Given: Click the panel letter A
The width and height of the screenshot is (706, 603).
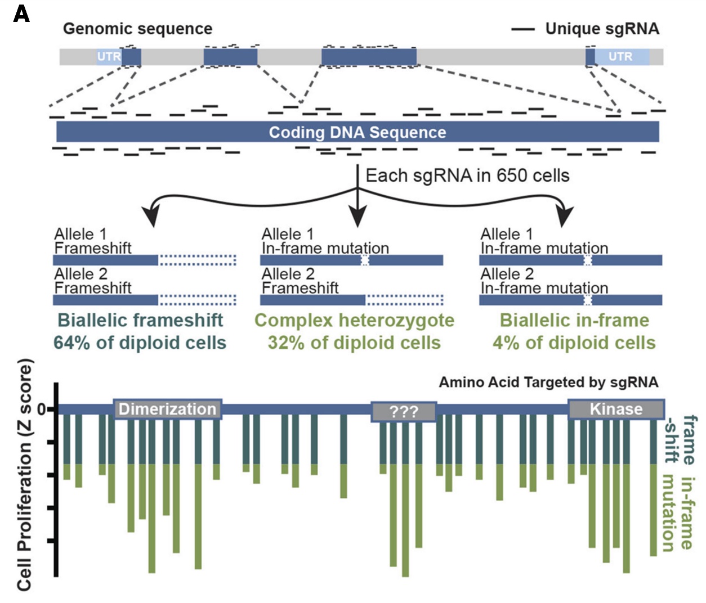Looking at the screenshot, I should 21,13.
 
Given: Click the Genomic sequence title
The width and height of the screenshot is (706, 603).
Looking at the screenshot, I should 137,29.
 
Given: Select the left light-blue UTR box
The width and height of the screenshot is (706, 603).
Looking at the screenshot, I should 108,57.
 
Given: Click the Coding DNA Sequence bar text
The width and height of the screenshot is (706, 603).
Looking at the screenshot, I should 357,132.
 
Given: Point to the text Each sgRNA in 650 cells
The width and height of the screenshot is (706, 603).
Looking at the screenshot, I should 467,175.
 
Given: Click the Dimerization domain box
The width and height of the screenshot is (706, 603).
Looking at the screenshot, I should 168,409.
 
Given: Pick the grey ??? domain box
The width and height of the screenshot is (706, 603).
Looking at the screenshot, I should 404,412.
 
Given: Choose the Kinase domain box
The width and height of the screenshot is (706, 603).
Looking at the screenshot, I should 616,409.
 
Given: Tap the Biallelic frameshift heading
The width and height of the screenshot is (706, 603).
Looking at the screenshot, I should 140,320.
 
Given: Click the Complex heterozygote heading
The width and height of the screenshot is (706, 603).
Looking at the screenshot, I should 354,320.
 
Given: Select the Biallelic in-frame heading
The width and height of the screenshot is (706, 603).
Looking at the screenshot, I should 574,320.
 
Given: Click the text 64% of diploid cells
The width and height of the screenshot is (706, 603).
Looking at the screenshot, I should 140,343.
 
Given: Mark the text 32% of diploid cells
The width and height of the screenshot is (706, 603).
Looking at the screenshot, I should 354,343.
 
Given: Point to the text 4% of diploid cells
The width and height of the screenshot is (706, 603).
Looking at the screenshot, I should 574,343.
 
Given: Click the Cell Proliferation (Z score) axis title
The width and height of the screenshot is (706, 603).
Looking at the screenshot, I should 24,475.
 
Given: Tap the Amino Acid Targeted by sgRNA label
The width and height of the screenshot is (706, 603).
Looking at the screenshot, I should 548,382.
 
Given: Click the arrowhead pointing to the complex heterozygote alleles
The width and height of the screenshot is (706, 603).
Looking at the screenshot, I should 358,217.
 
